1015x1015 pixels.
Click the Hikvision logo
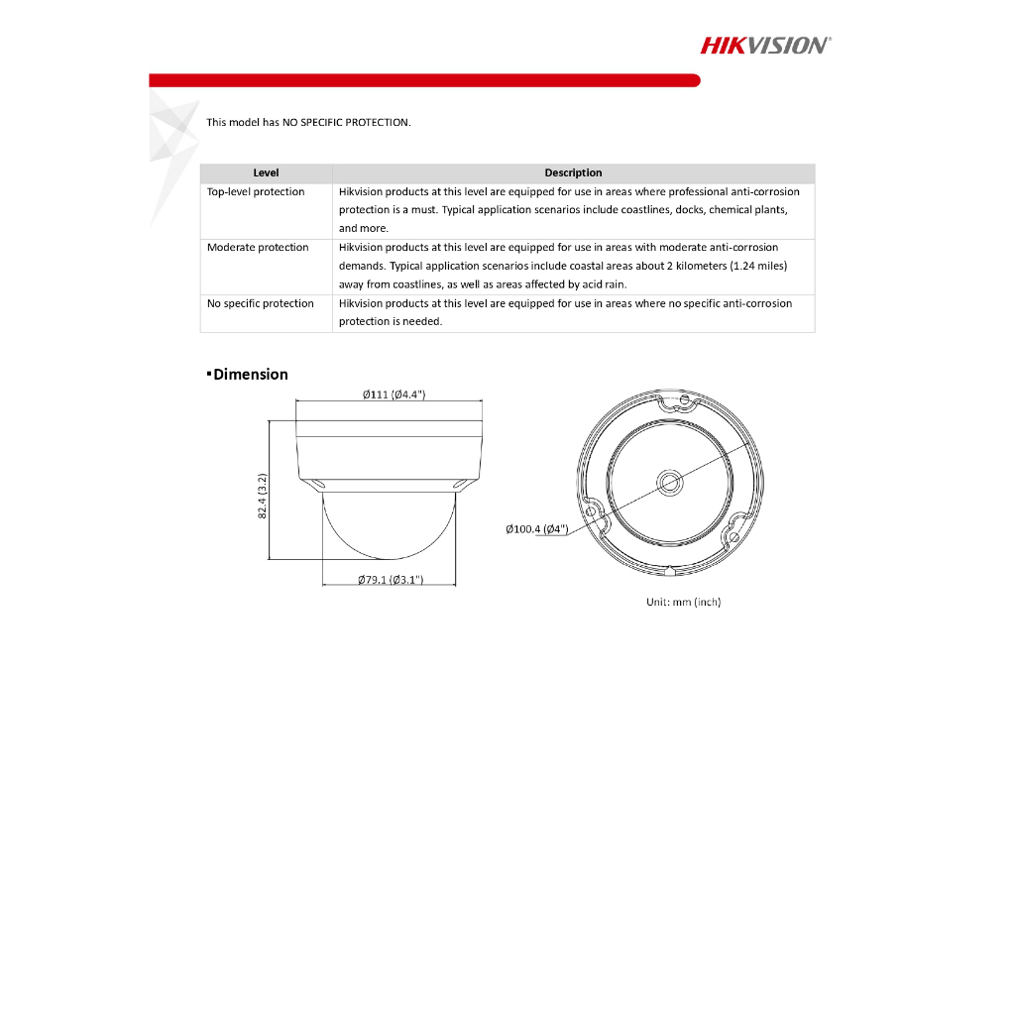(x=765, y=45)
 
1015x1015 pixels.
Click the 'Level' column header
(x=266, y=172)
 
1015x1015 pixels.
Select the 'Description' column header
(x=573, y=172)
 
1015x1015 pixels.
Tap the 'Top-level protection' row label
(x=256, y=192)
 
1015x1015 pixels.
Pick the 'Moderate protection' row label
(x=258, y=248)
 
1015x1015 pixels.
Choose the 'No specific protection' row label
(x=261, y=304)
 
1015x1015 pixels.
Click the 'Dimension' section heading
(x=251, y=375)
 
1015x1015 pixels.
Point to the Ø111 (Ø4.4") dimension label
(x=394, y=395)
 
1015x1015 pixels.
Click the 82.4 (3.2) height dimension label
(x=263, y=496)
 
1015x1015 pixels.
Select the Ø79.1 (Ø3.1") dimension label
(x=391, y=580)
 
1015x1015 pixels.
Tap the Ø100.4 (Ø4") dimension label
(x=536, y=529)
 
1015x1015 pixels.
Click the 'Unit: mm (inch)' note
(x=683, y=602)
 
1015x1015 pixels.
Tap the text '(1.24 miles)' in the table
(x=758, y=267)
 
